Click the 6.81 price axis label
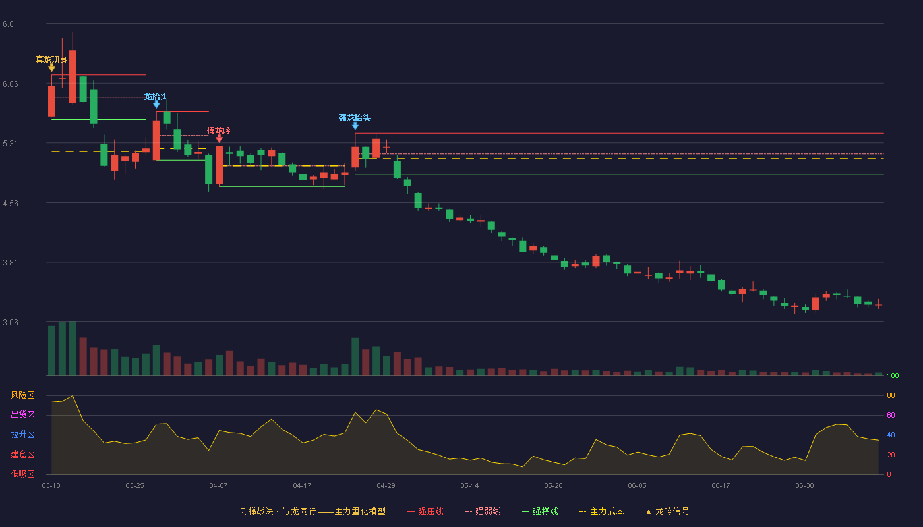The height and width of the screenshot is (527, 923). point(11,24)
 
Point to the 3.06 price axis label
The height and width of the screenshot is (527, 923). point(11,322)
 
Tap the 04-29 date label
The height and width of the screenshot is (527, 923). point(386,486)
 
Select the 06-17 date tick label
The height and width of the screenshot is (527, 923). point(721,486)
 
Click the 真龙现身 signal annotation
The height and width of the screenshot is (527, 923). point(51,60)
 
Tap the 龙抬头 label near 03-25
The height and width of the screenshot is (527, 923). point(156,97)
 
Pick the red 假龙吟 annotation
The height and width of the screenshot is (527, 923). point(219,131)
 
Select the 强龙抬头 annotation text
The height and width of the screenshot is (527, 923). point(355,118)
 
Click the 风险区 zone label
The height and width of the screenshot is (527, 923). point(22,395)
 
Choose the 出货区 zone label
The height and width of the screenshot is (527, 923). point(22,414)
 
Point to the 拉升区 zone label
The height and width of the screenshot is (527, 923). point(22,434)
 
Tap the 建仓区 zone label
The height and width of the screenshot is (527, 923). point(22,454)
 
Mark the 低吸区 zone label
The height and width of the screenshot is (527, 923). point(22,474)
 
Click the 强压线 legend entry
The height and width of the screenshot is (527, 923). point(425,511)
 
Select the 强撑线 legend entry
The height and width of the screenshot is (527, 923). point(540,511)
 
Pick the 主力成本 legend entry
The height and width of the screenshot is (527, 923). point(601,511)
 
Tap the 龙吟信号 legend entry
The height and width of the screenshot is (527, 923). point(667,511)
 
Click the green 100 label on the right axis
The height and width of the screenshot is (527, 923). point(893,375)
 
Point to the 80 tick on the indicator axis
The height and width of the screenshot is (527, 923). point(891,395)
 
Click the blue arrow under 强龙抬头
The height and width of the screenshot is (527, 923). point(355,126)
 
